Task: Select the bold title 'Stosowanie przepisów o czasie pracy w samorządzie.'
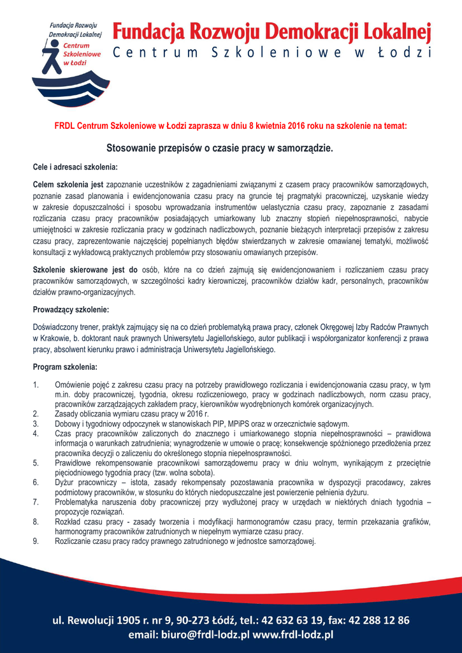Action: (220, 148)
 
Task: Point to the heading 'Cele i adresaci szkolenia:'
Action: (75, 167)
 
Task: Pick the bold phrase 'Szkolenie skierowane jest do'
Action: (85, 270)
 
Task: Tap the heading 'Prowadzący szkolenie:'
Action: (71, 310)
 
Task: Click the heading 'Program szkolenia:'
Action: (65, 368)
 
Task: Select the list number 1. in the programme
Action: (36, 386)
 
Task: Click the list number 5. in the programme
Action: (36, 463)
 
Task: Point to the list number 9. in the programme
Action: (36, 541)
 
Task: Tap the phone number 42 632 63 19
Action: (294, 620)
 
